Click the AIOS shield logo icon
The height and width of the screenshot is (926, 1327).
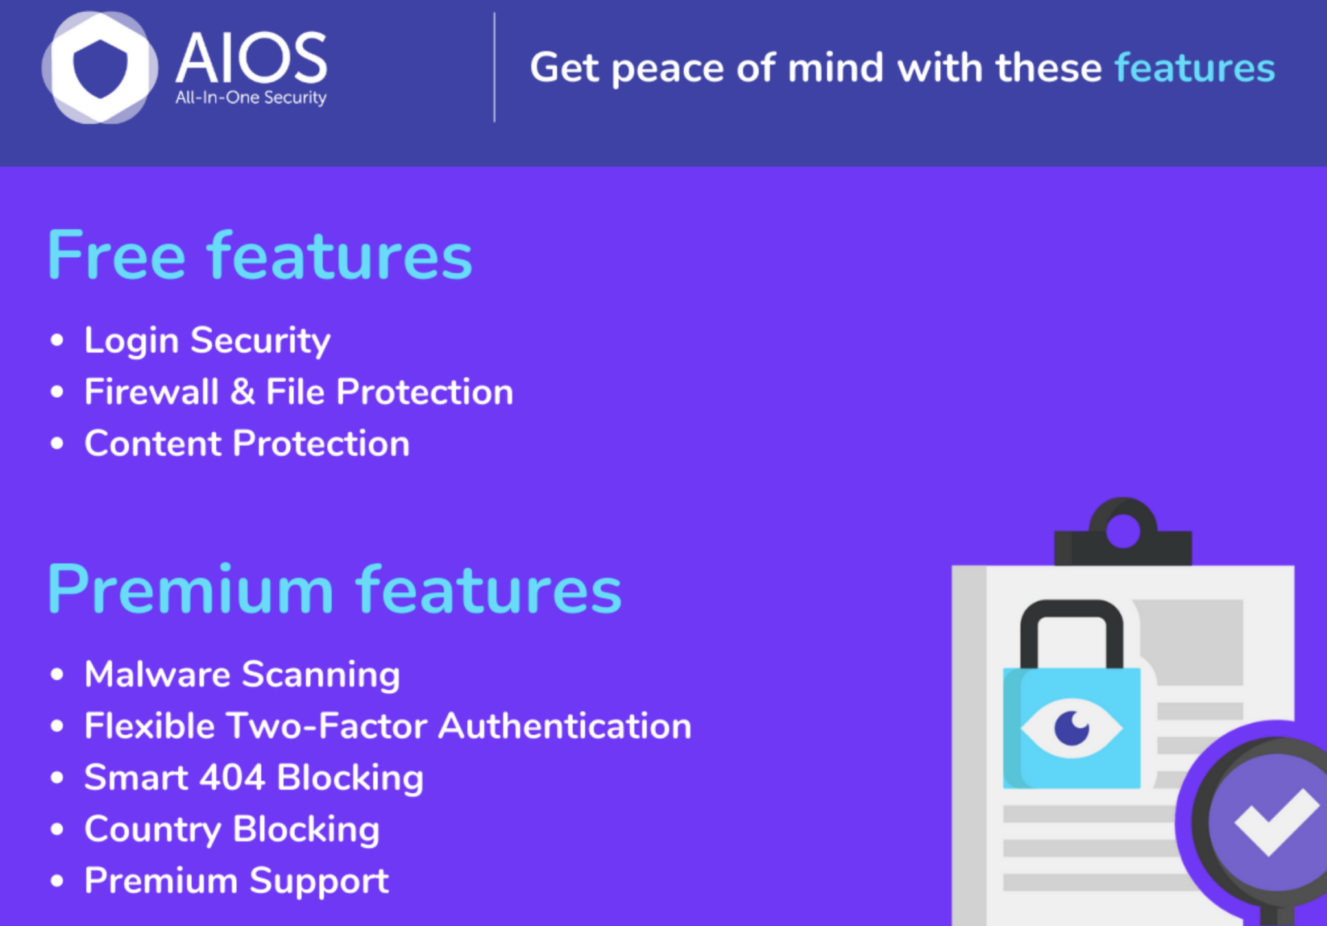coord(100,67)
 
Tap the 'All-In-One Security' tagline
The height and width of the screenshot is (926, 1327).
coord(251,98)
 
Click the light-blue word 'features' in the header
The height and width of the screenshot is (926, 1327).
coord(1195,67)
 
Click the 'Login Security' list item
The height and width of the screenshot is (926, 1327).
coord(207,341)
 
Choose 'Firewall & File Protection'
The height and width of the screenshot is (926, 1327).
coord(299,392)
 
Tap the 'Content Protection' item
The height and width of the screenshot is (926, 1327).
coord(247,443)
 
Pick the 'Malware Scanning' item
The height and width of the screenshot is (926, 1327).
coord(242,675)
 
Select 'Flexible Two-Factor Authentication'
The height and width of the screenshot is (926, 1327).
coord(388,726)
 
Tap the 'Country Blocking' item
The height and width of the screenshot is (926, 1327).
coord(232,829)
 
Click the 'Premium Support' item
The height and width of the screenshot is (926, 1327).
coord(237,881)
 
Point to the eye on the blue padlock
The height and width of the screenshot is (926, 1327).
coord(1071,728)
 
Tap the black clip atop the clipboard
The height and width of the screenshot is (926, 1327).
coord(1123,533)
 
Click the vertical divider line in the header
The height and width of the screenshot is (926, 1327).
coord(494,67)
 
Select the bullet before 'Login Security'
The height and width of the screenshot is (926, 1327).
coord(57,340)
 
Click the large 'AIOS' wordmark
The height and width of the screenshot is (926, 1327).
coord(251,58)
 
